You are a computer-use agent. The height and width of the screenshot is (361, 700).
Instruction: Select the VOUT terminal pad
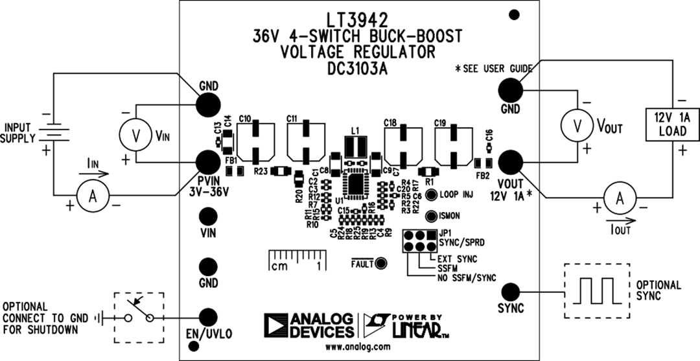tap(510, 161)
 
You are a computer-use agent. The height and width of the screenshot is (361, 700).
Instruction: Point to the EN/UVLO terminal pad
tap(208, 317)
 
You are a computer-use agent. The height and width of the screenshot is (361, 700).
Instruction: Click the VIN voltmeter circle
tap(135, 134)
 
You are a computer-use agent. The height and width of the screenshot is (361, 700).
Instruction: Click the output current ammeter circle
tap(619, 200)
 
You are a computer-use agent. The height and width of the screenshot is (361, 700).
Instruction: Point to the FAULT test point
tap(381, 263)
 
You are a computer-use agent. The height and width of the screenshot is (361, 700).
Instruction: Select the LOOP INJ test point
tap(431, 193)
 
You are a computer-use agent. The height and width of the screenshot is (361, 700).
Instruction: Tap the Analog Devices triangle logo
tap(275, 325)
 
